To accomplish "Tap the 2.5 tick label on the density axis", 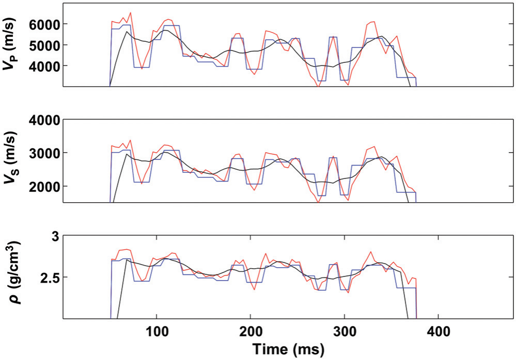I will (50, 277).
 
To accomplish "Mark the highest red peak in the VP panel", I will (130, 12).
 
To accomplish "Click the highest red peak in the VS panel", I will (130, 140).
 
